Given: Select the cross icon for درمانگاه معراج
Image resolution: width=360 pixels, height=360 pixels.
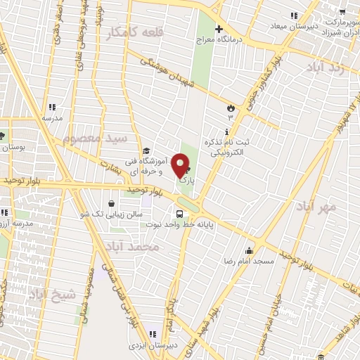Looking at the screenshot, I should tap(219, 30).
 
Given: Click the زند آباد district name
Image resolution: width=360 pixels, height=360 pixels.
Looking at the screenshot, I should tap(325, 67).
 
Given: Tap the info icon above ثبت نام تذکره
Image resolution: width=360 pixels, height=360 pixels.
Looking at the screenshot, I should tap(226, 132).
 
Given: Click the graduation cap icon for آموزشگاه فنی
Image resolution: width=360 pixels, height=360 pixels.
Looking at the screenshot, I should tap(146, 150).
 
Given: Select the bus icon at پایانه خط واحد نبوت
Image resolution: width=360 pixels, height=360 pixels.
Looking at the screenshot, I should tap(179, 212).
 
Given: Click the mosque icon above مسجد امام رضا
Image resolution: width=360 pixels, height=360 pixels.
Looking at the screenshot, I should tap(248, 250).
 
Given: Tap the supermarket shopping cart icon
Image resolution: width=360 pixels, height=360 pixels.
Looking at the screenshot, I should tap(342, 11).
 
